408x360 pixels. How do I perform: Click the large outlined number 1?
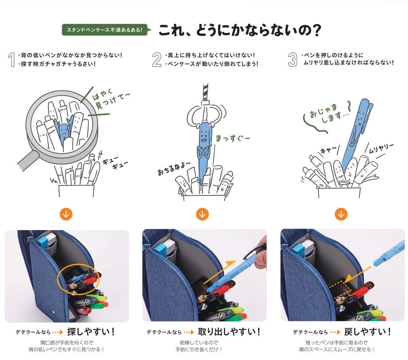(11, 59)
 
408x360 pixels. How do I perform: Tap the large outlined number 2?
(157, 59)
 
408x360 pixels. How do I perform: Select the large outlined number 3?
(293, 59)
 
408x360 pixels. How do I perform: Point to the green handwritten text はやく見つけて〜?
(111, 99)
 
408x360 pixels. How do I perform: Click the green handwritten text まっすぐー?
(233, 138)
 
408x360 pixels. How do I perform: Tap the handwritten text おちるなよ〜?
(173, 168)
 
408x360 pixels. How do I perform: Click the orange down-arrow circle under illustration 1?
(66, 214)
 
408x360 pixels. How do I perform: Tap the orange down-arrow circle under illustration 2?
(202, 214)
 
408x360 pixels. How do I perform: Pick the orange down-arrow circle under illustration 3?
(341, 214)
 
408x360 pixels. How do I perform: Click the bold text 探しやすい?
(91, 332)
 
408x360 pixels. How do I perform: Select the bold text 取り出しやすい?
(229, 332)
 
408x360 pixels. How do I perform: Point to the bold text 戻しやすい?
(368, 332)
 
